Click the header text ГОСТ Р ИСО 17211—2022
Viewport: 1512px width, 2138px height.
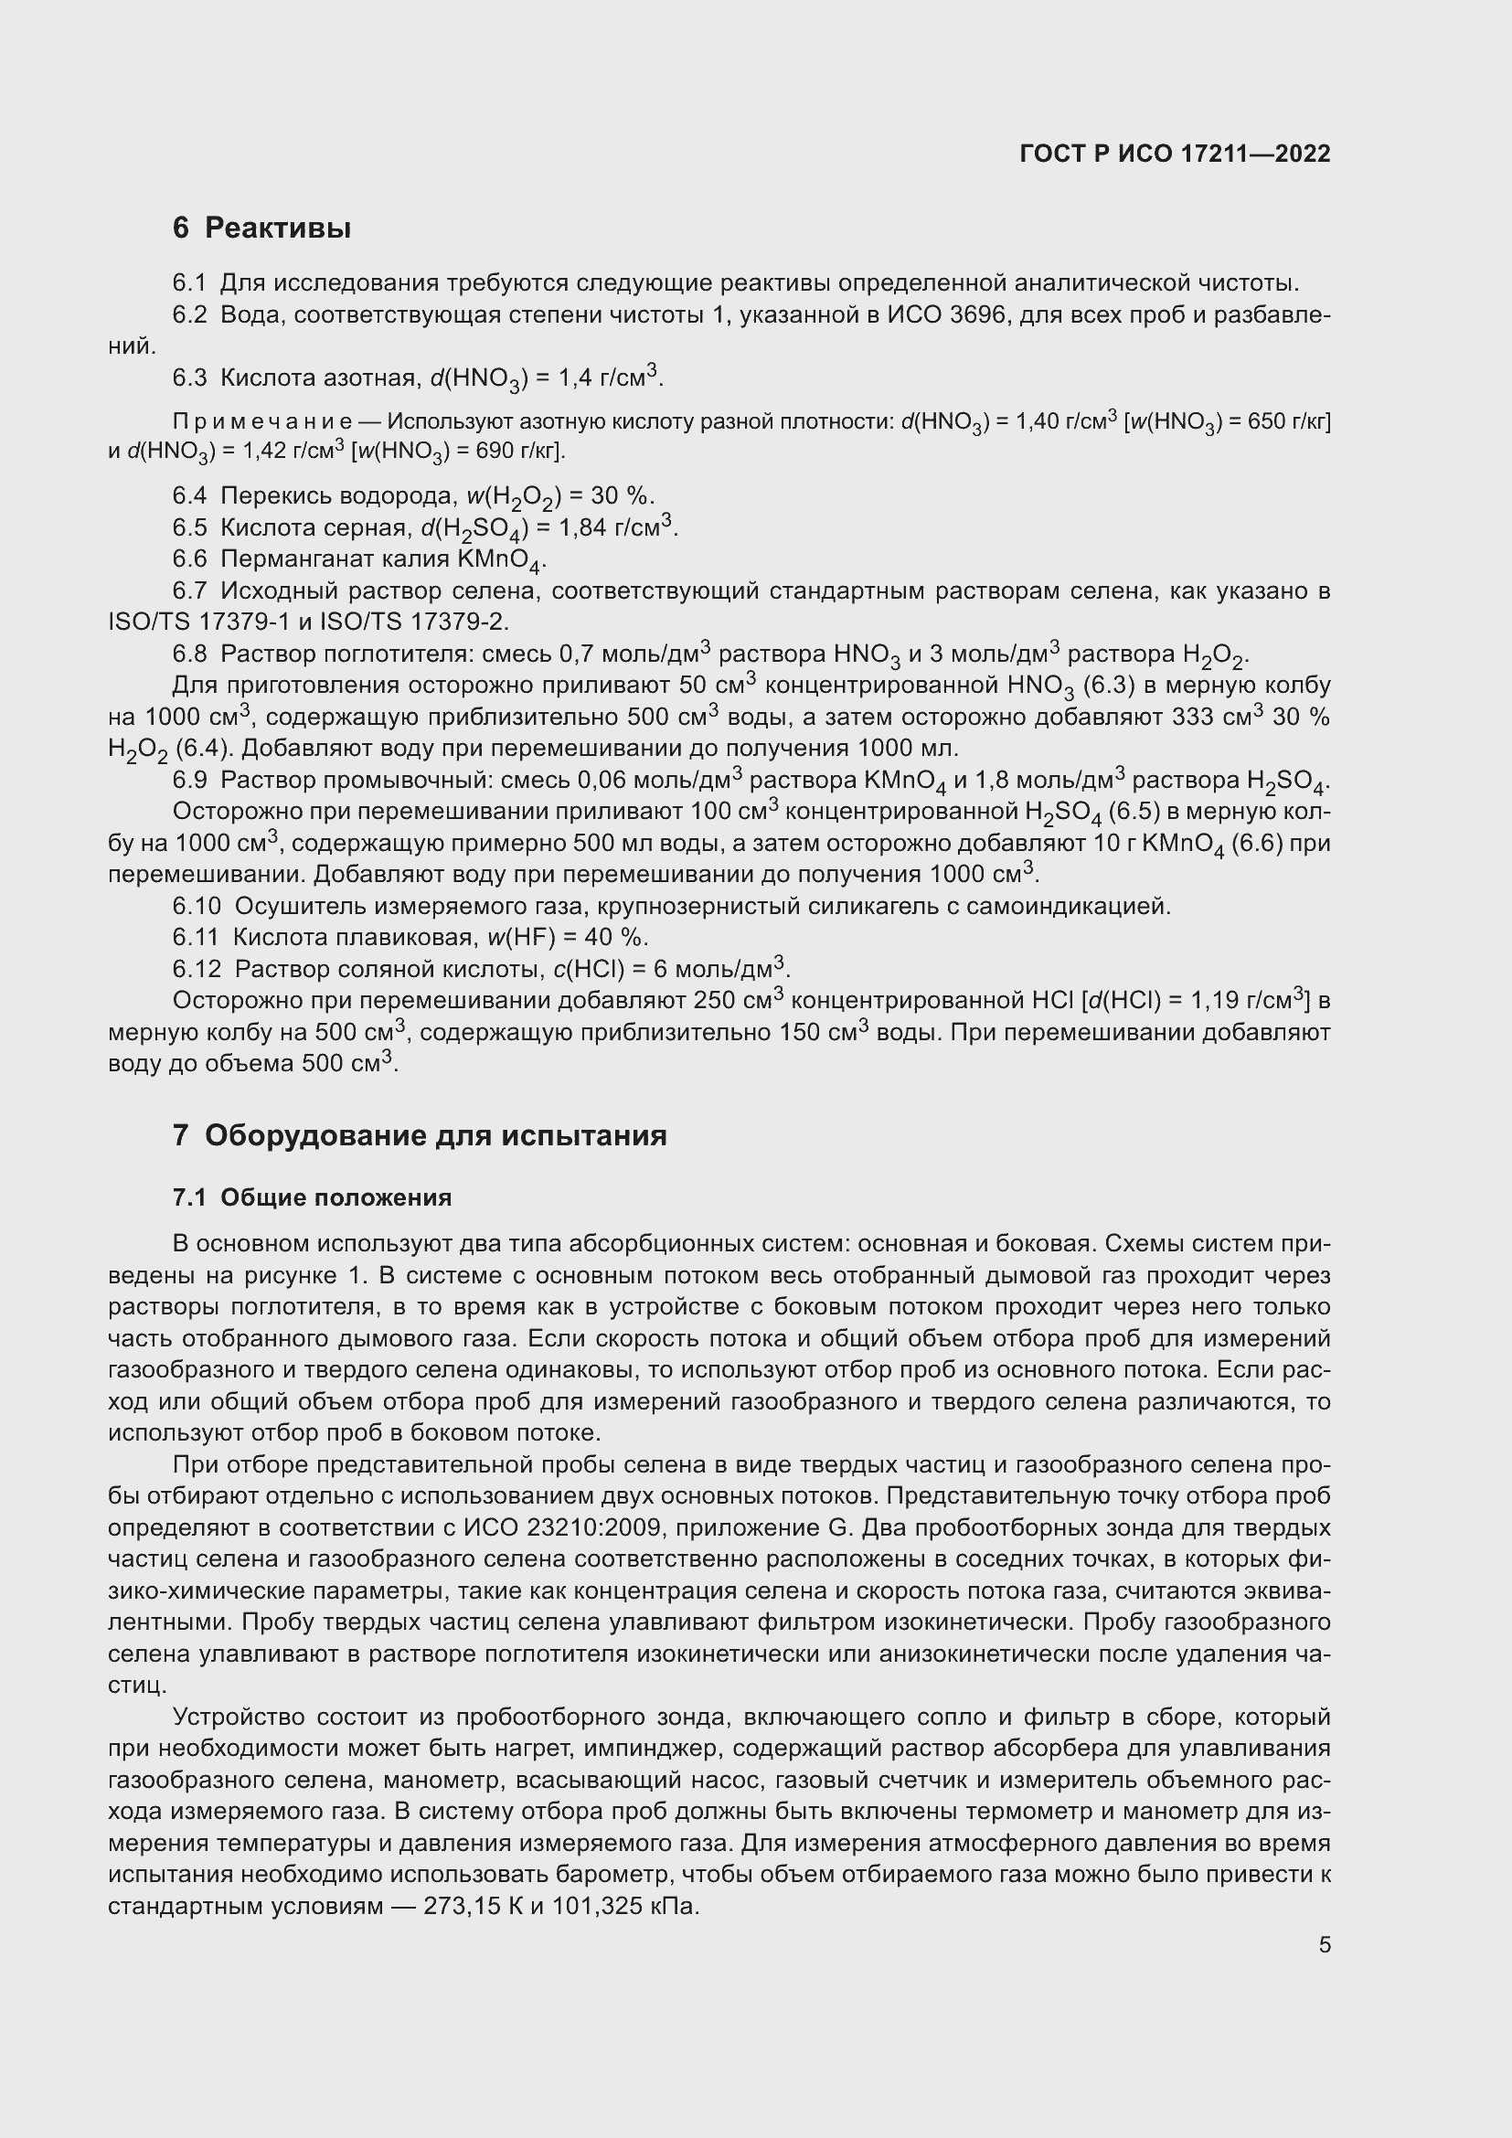tap(1175, 154)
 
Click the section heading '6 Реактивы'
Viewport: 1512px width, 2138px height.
tap(261, 228)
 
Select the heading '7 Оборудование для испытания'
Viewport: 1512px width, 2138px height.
tap(419, 1135)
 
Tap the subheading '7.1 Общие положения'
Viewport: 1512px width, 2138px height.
tap(312, 1197)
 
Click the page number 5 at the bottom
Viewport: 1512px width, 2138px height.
tap(1324, 1945)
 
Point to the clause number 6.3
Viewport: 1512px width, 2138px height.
tap(190, 378)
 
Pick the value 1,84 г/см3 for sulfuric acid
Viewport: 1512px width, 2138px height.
tap(616, 528)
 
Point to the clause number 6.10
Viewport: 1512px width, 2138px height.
tap(197, 905)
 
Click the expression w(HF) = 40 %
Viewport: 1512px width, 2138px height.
tap(568, 937)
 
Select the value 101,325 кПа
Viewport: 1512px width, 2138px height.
tap(624, 1906)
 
